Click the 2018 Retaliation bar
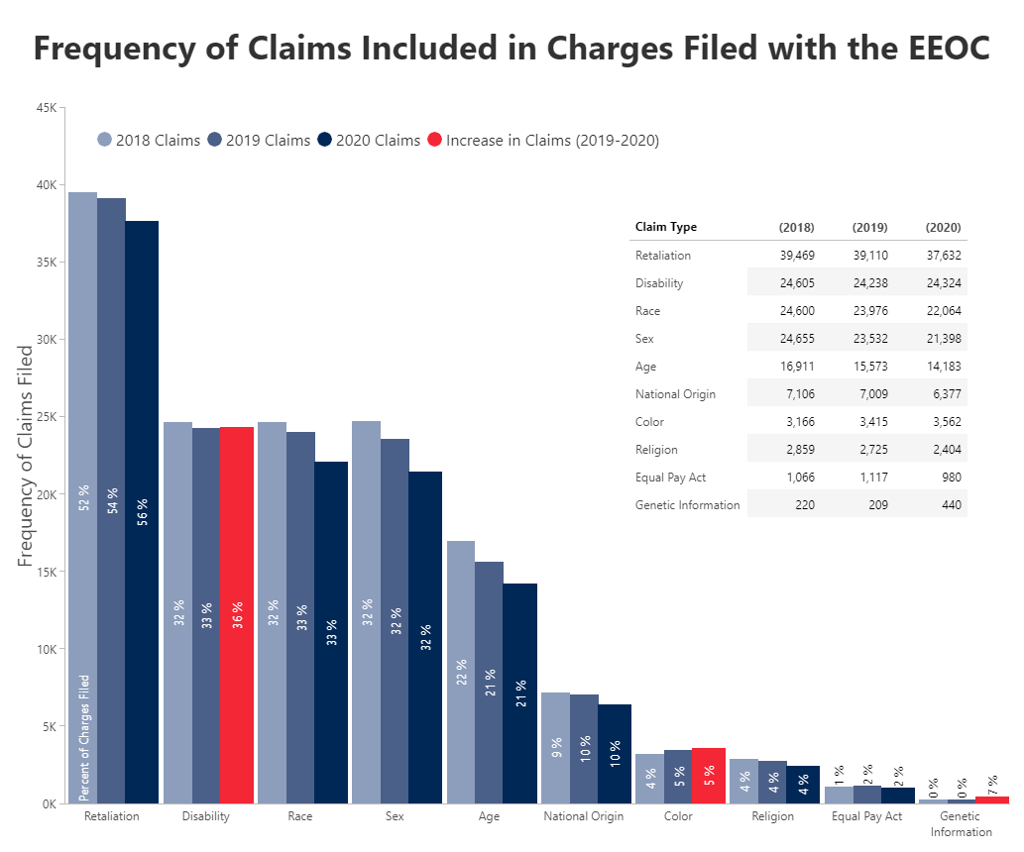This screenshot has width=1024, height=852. pos(82,495)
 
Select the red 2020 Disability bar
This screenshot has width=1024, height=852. pos(236,614)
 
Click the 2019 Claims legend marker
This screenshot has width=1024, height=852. pos(215,141)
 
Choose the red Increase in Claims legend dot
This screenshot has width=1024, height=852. pos(434,141)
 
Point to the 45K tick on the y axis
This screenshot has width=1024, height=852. pos(46,108)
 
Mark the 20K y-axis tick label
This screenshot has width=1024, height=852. pos(46,494)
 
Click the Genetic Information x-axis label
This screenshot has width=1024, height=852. pos(961,824)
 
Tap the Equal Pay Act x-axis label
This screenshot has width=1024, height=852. pos(866,816)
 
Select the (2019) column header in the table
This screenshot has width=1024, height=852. pos(869,227)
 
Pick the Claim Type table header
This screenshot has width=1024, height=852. pos(665,227)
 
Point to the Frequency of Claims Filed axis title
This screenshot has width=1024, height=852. pos(27,456)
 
